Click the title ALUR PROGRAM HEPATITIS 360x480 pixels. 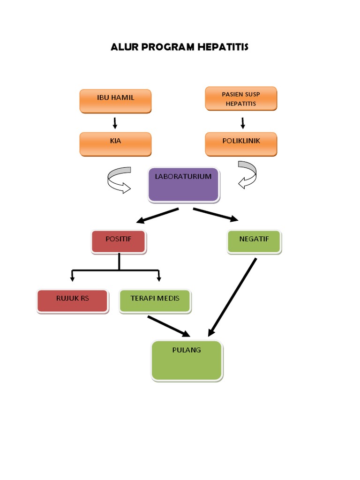pyautogui.click(x=180, y=47)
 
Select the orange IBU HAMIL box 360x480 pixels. pyautogui.click(x=115, y=101)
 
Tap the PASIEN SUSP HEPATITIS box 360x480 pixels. pyautogui.click(x=241, y=99)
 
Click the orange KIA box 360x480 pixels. pyautogui.click(x=115, y=143)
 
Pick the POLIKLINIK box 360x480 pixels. pyautogui.click(x=241, y=143)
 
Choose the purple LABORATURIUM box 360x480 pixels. pyautogui.click(x=183, y=185)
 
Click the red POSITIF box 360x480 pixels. pyautogui.click(x=119, y=242)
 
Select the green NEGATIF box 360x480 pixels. pyautogui.click(x=254, y=242)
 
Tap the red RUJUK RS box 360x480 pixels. pyautogui.click(x=72, y=301)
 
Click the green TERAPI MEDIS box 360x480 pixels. pyautogui.click(x=155, y=301)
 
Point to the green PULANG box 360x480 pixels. pyautogui.click(x=187, y=360)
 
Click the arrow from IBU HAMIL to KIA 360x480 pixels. pyautogui.click(x=115, y=123)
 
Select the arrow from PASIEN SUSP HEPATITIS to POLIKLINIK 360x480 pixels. pyautogui.click(x=243, y=123)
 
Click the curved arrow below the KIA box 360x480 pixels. pyautogui.click(x=119, y=180)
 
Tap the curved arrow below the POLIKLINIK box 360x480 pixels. pyautogui.click(x=247, y=175)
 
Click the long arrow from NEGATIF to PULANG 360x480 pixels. pyautogui.click(x=232, y=297)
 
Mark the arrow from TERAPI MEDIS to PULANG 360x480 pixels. pyautogui.click(x=169, y=326)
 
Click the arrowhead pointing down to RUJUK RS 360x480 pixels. pyautogui.click(x=72, y=278)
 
